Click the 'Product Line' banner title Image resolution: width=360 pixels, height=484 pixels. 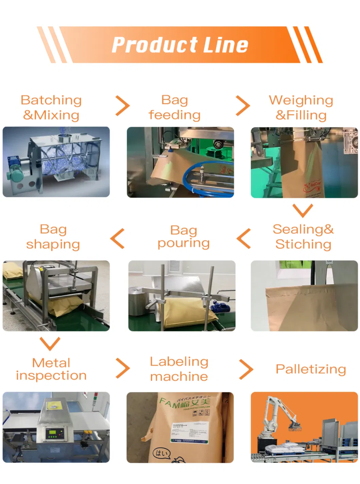[180, 45]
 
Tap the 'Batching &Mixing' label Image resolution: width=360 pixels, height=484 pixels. [51, 107]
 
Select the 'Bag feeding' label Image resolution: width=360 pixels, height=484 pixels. [174, 107]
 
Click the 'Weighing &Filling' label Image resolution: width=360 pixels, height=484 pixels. [301, 107]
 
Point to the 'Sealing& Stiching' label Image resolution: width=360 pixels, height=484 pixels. [303, 237]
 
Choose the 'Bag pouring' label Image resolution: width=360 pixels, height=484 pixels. [184, 237]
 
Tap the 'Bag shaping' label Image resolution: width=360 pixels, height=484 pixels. [53, 237]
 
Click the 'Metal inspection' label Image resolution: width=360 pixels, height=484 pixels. [51, 369]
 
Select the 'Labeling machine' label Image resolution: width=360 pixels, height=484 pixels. [179, 369]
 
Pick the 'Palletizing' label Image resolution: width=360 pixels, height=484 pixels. [311, 369]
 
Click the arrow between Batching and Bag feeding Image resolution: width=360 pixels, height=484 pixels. [122, 106]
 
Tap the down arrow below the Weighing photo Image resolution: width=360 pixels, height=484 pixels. [303, 210]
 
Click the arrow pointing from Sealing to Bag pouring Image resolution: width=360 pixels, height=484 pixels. [244, 238]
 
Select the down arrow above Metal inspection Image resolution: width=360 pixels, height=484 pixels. [50, 343]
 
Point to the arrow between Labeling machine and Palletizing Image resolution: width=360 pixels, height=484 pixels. [246, 369]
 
